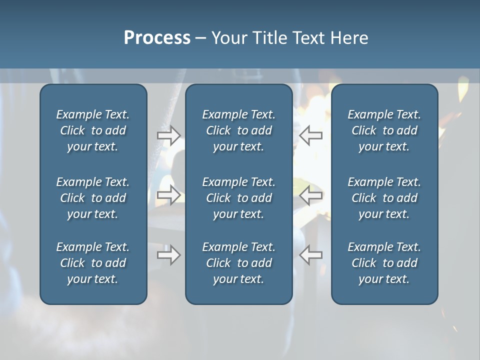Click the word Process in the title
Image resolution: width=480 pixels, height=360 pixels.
point(157,38)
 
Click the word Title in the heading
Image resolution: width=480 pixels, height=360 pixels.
point(270,38)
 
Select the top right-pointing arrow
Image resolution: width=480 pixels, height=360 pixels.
point(168,135)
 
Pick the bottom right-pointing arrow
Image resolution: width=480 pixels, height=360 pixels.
point(168,254)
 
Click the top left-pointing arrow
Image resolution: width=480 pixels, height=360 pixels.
point(310,135)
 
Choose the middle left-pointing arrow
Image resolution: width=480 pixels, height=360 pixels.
point(310,195)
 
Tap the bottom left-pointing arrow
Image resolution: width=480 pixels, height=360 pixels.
point(310,254)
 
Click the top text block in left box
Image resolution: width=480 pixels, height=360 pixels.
point(93,130)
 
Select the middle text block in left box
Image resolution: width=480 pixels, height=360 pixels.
point(93,198)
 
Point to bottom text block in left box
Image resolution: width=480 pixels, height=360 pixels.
point(93,263)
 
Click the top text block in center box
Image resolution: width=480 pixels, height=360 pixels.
point(238,130)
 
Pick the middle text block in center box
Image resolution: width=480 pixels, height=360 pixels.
point(238,198)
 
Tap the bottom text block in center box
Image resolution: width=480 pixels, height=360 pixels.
point(238,263)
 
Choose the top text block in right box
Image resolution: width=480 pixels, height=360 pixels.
point(384,130)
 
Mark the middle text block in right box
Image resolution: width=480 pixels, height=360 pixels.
point(384,198)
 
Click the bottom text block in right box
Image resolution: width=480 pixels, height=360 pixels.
point(384,263)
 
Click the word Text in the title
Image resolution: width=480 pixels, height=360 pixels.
point(310,38)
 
